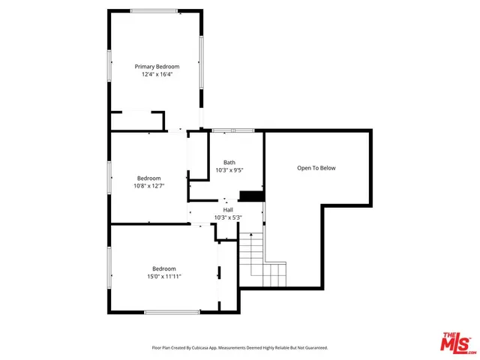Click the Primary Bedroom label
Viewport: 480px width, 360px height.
[x=157, y=67]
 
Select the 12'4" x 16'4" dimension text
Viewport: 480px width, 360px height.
[x=157, y=75]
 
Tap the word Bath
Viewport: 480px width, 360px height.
[x=229, y=162]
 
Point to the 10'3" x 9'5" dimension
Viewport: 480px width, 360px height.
[x=229, y=170]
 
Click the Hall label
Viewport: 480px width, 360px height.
[x=228, y=209]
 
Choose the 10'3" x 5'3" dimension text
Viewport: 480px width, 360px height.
[x=228, y=217]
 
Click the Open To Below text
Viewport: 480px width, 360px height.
[x=316, y=168]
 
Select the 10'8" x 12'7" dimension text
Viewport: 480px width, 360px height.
[x=148, y=186]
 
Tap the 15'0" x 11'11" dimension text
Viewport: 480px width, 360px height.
[x=163, y=277]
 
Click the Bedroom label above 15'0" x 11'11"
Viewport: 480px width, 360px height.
[x=163, y=268]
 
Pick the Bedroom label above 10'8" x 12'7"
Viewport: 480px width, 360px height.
[x=148, y=178]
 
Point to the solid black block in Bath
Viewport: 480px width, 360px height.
[x=256, y=196]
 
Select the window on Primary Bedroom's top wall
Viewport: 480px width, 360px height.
[x=154, y=10]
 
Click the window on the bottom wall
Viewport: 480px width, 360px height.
[x=172, y=312]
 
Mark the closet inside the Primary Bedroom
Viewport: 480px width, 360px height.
[x=136, y=121]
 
